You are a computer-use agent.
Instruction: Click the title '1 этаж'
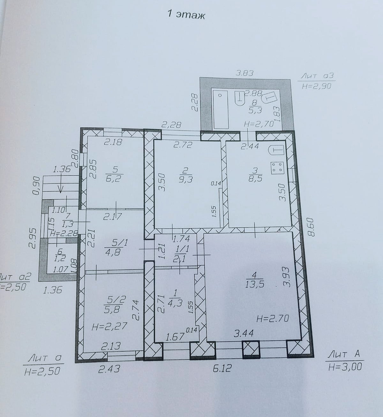186,15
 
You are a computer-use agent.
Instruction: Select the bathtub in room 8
221,110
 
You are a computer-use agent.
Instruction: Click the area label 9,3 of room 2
185,179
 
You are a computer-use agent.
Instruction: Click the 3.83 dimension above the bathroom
245,73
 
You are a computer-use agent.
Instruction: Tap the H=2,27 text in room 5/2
109,326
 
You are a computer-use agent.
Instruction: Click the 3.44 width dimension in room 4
244,333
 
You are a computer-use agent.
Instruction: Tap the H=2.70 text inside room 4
273,318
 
